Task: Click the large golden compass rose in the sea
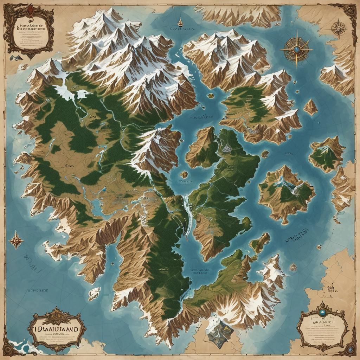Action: [296, 49]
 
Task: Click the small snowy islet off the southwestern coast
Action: [94, 293]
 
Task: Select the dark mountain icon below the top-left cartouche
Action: [15, 57]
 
